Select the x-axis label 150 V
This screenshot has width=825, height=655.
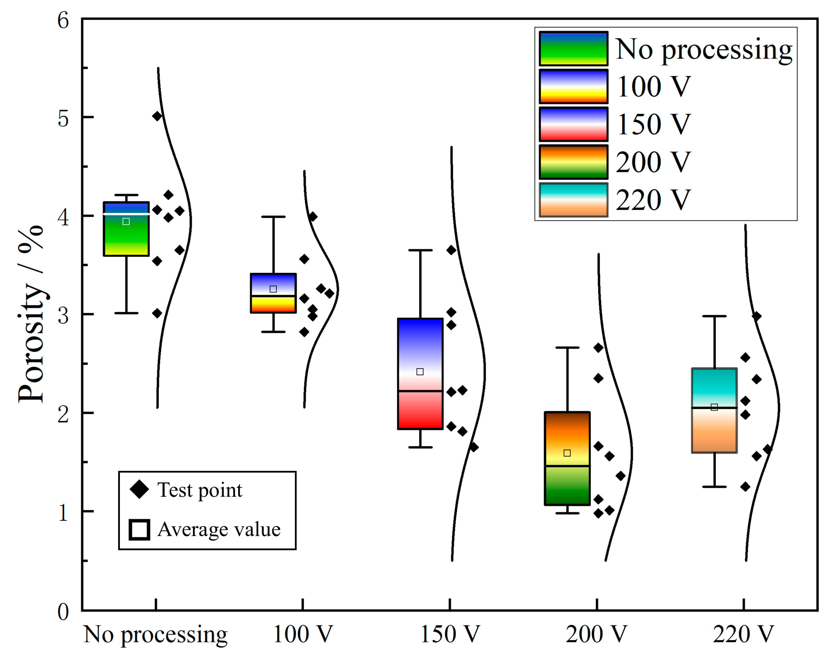coord(450,635)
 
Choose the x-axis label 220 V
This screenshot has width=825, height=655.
coord(743,635)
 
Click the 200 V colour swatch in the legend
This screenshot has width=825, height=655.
coord(573,162)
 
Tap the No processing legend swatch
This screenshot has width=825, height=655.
coord(573,49)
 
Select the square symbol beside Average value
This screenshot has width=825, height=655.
coord(139,530)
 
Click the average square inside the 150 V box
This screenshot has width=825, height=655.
coord(420,372)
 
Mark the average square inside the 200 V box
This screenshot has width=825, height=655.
coord(567,453)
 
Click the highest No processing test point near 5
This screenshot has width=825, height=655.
coord(157,116)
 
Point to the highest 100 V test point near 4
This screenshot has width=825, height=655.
coord(313,217)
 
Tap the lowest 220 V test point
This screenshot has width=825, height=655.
coord(745,487)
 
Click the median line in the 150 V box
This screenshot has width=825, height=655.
coord(420,391)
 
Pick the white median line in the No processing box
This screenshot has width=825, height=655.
coord(126,214)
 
